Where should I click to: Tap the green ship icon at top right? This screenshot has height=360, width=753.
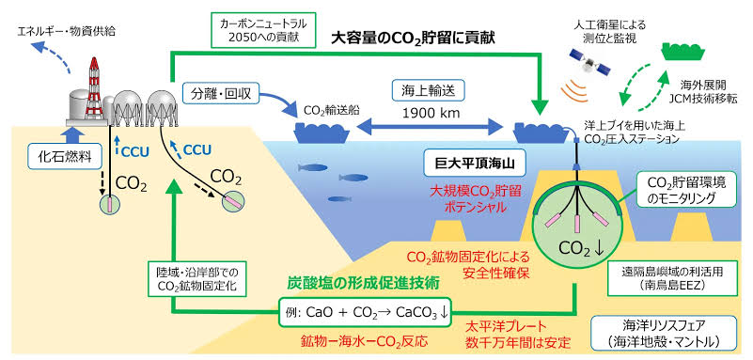tap(683, 51)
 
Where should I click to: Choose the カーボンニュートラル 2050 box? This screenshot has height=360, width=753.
tap(262, 30)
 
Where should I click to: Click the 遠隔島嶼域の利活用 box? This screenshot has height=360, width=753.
tap(670, 278)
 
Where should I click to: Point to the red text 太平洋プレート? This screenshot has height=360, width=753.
tap(507, 327)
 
